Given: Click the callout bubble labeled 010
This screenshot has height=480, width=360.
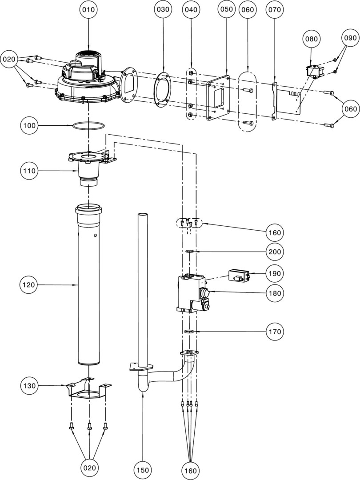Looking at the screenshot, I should pyautogui.click(x=89, y=9).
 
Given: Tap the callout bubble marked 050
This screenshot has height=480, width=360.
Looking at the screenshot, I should pyautogui.click(x=227, y=9).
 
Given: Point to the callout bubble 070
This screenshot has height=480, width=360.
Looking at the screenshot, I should pyautogui.click(x=274, y=9).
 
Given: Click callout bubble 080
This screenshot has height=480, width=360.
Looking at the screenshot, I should pyautogui.click(x=311, y=39).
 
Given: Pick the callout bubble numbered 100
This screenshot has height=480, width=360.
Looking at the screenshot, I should pyautogui.click(x=30, y=126).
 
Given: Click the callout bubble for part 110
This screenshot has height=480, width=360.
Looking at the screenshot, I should pyautogui.click(x=30, y=170).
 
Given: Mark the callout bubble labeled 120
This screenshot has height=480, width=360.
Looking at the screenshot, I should pyautogui.click(x=30, y=284).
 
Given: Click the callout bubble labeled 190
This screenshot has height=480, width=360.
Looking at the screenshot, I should pyautogui.click(x=275, y=273).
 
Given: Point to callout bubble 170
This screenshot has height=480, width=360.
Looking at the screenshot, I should pyautogui.click(x=275, y=332).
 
